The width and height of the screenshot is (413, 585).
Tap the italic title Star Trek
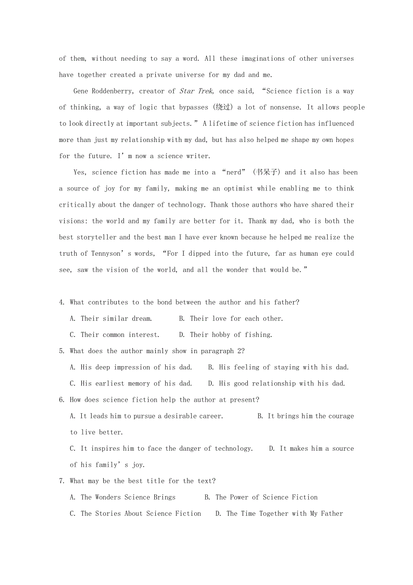point(196,91)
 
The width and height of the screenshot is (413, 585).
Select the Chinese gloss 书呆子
point(266,173)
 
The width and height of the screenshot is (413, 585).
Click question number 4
point(62,302)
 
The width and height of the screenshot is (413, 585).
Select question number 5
point(62,351)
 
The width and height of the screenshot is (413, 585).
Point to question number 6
point(62,400)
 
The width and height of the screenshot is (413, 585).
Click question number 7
point(62,481)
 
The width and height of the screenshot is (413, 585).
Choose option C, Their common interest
point(114,335)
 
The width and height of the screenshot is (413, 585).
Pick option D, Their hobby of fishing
point(225,335)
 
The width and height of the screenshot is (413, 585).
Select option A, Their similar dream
point(111,319)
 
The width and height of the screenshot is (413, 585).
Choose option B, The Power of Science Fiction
point(261,497)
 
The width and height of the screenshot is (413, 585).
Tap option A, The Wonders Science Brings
point(123,497)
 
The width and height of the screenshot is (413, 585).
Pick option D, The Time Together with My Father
point(279,514)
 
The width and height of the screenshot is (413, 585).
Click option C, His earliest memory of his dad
point(131,384)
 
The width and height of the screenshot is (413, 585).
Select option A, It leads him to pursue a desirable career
point(146,416)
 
